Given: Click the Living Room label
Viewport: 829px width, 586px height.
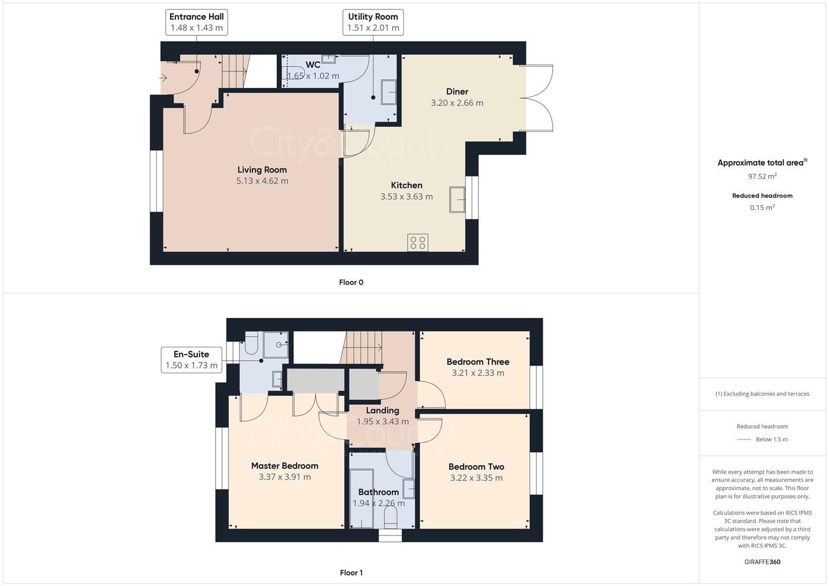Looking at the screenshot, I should pyautogui.click(x=262, y=170).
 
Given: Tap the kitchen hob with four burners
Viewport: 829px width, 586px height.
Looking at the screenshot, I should pyautogui.click(x=417, y=243).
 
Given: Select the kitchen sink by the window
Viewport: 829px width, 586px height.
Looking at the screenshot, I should pyautogui.click(x=457, y=200).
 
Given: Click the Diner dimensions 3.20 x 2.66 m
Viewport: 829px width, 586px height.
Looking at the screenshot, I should pyautogui.click(x=457, y=103).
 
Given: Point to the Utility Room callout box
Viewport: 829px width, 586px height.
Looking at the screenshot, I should pyautogui.click(x=373, y=22).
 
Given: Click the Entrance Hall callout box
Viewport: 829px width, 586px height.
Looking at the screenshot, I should pyautogui.click(x=197, y=22).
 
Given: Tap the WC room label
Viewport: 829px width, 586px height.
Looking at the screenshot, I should pyautogui.click(x=313, y=65).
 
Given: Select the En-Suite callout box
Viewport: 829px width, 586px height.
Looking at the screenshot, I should pyautogui.click(x=191, y=360).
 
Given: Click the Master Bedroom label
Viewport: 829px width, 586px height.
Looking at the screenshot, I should pyautogui.click(x=284, y=466).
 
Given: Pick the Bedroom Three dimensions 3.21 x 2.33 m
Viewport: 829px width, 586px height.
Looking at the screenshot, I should pyautogui.click(x=478, y=373).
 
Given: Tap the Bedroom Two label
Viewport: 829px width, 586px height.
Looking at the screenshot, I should pyautogui.click(x=476, y=467).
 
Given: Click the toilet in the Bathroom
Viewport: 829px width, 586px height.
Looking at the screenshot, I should pyautogui.click(x=390, y=521).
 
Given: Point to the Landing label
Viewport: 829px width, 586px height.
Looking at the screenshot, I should pyautogui.click(x=382, y=411).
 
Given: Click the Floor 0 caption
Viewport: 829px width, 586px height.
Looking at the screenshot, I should pyautogui.click(x=351, y=282).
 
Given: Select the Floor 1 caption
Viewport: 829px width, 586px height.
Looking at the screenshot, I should pyautogui.click(x=351, y=572).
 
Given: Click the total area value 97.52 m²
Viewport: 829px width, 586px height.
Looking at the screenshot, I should pyautogui.click(x=762, y=176).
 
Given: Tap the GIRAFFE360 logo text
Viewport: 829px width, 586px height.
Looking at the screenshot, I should pyautogui.click(x=762, y=562).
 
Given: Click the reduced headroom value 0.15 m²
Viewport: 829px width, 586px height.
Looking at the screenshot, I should pyautogui.click(x=762, y=207).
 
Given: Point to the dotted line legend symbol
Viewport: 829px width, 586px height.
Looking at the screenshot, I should pyautogui.click(x=744, y=439).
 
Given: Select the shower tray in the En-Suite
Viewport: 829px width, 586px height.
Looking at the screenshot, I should pyautogui.click(x=276, y=345).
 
